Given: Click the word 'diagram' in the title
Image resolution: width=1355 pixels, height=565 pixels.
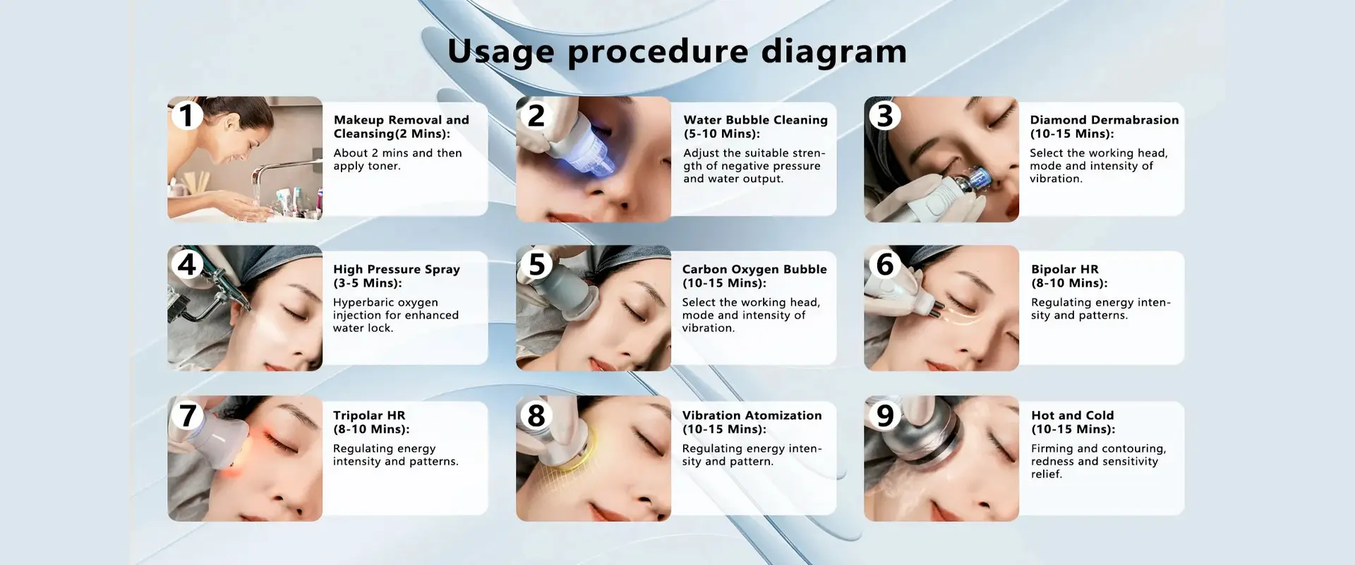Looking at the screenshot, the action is (833, 52).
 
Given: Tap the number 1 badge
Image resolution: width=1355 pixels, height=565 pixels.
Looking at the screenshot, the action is (186, 115).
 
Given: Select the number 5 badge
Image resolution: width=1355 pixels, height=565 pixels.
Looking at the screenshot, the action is (537, 264).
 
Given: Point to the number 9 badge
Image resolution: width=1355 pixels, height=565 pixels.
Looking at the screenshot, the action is (885, 415).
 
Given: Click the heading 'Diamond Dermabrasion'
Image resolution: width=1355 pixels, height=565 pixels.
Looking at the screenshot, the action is (1104, 120).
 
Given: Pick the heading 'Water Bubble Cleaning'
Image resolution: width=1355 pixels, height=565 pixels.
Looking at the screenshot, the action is (755, 120).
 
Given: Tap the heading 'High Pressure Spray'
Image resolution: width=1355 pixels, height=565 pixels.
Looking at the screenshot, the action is (397, 269).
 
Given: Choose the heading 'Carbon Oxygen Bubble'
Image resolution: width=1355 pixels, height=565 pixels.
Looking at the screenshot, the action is (754, 269).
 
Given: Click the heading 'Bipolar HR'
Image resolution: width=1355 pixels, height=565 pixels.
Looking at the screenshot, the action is (1065, 269).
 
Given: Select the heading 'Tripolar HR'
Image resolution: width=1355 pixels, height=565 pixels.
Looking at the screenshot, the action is (369, 415).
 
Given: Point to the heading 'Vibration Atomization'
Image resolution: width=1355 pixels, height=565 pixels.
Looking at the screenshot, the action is (752, 415).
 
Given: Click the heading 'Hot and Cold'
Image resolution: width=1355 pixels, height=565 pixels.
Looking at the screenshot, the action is (1073, 415).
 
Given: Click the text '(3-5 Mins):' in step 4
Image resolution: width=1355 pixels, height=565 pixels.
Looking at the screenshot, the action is (367, 283).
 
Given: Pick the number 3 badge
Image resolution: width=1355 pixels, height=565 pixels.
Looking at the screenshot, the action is (885, 115).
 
